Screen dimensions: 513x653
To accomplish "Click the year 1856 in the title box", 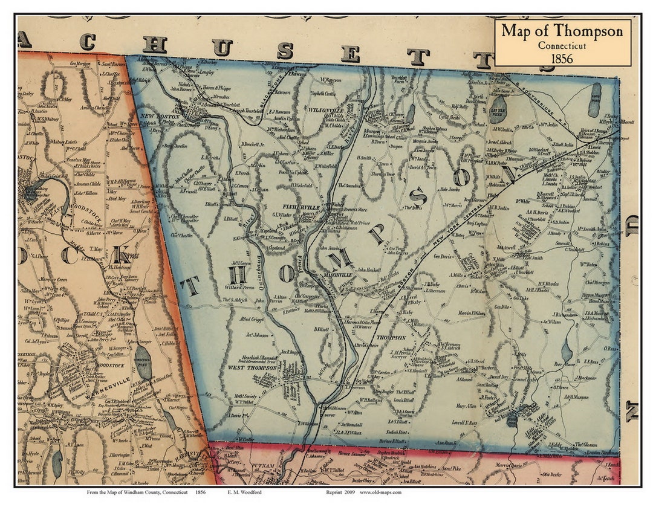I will click(562, 57).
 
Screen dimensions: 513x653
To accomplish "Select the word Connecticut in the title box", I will click(562, 45).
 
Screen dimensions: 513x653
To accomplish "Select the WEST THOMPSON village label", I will click(252, 367).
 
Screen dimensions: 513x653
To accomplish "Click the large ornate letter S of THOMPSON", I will click(417, 196).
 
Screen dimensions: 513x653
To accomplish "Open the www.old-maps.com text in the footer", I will click(379, 492).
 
